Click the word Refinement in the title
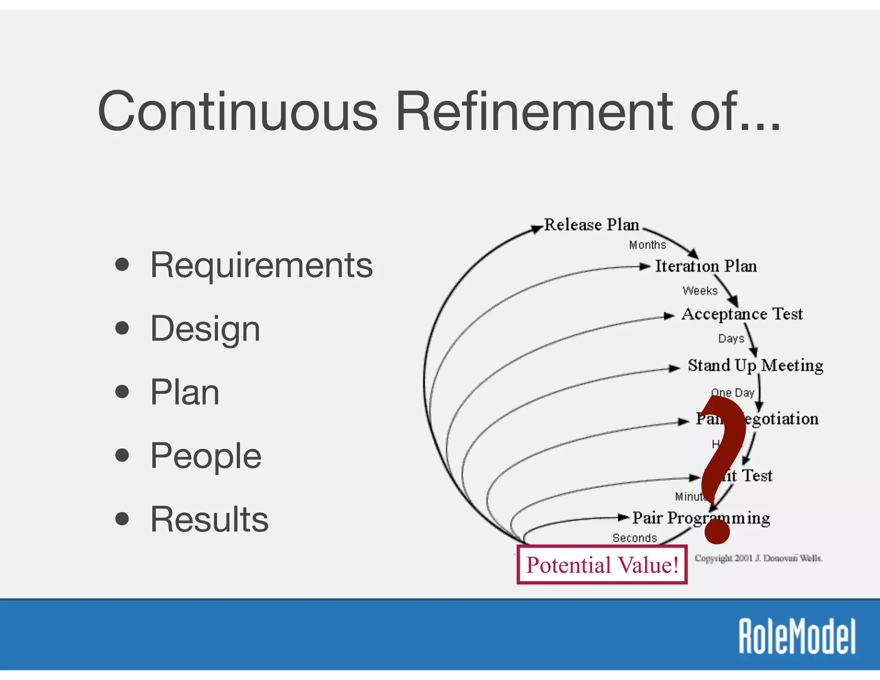[x=534, y=111]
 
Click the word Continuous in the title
[x=237, y=111]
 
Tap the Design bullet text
[x=205, y=329]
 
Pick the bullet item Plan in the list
[x=185, y=392]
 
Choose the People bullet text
[x=205, y=456]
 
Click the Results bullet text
[x=209, y=519]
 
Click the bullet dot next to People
[x=122, y=455]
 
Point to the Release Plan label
[x=591, y=225]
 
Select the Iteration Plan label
[x=706, y=266]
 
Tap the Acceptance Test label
[x=742, y=314]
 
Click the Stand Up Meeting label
[x=755, y=365]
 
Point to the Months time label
[x=647, y=245]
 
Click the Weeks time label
[x=700, y=291]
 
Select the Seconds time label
[x=635, y=538]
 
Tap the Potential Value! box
[x=602, y=565]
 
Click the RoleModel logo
[x=797, y=636]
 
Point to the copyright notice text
[x=758, y=558]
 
